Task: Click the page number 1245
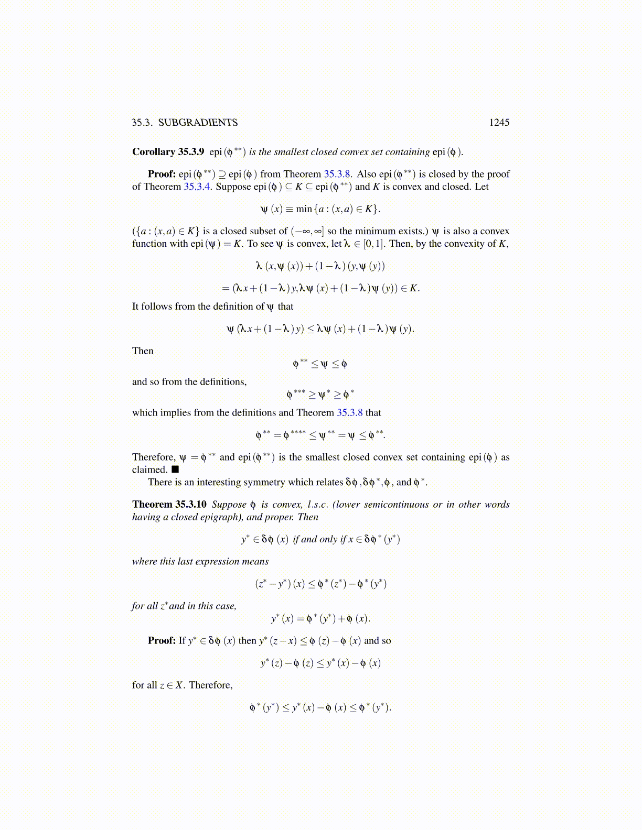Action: click(x=499, y=123)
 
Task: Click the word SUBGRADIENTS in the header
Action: click(x=198, y=123)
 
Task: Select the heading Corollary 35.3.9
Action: click(x=168, y=152)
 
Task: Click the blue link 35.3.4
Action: click(x=197, y=187)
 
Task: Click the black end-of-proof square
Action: click(x=175, y=469)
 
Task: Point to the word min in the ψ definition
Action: click(x=304, y=209)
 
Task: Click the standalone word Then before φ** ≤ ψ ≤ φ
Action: click(x=143, y=351)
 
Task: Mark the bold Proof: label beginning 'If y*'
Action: click(x=162, y=641)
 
